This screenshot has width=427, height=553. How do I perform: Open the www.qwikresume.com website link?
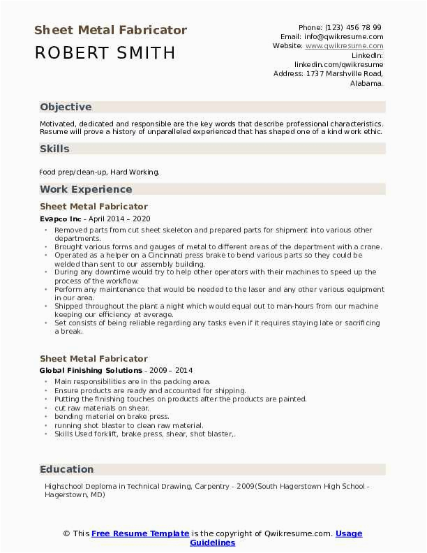344,45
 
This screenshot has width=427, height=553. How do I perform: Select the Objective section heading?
66,107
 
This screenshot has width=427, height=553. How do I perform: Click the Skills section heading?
54,149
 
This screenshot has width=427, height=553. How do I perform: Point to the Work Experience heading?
86,189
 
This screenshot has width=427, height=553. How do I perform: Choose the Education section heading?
66,469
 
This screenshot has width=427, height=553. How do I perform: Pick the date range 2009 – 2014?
171,370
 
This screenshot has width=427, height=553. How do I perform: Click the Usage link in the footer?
349,533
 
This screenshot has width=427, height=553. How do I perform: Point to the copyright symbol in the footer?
66,533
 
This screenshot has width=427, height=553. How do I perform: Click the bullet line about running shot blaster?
129,425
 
